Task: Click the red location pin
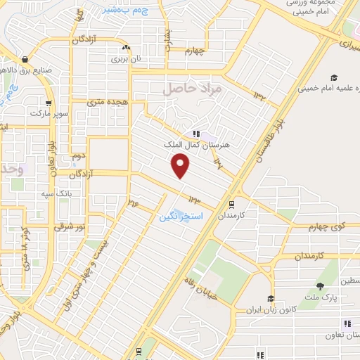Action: coord(181,165)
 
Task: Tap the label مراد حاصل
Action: coord(191,89)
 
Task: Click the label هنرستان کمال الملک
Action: coord(207,145)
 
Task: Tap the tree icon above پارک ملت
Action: coord(321,285)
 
